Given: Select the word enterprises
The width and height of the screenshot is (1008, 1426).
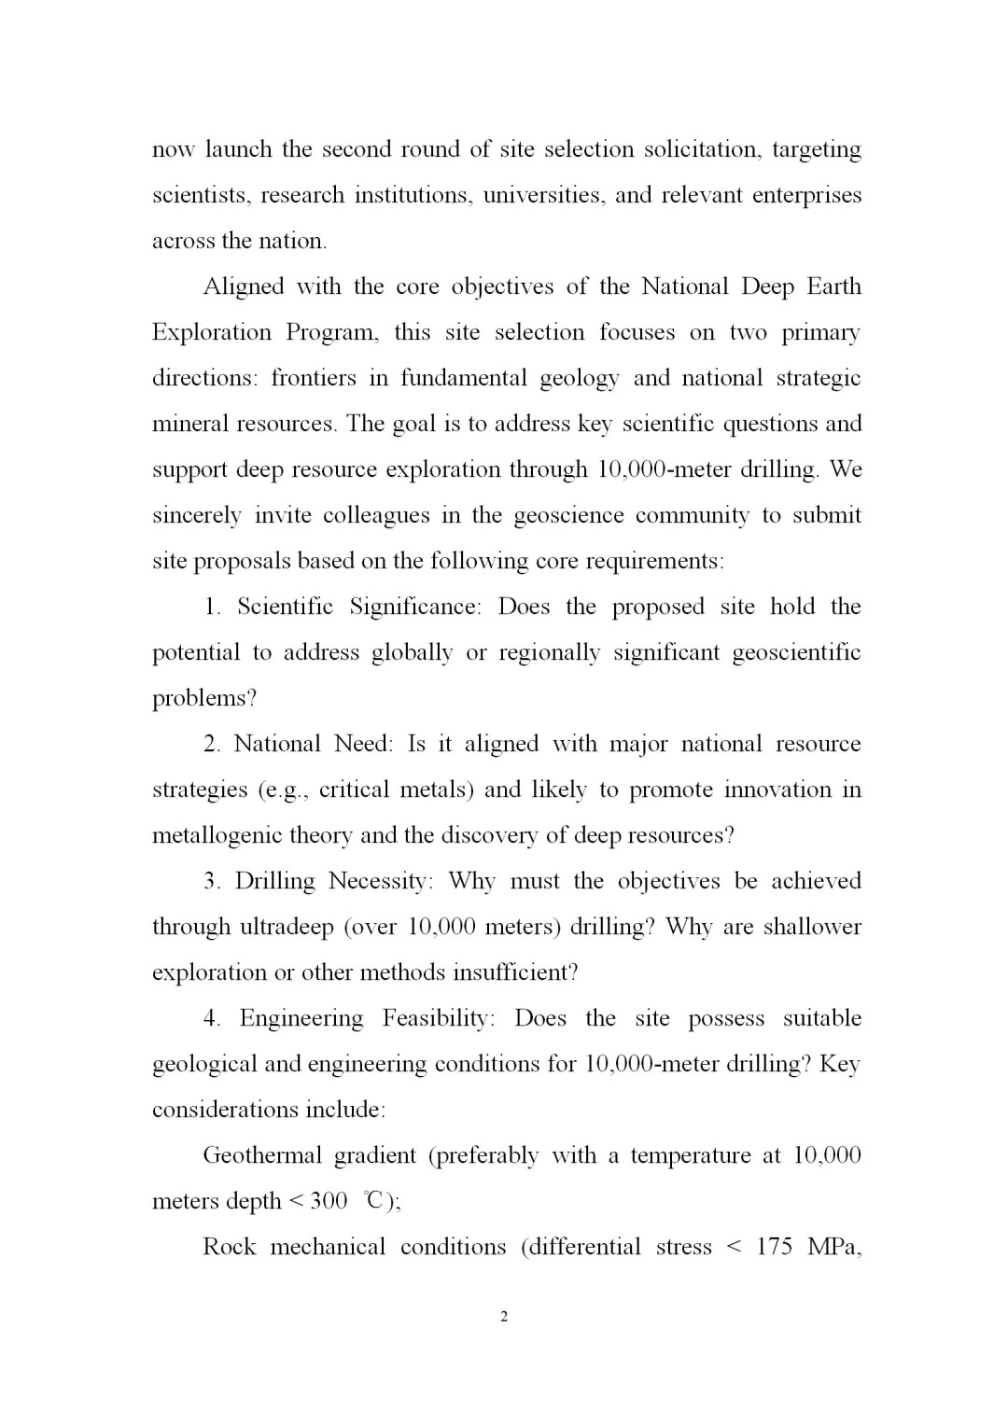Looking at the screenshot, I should coord(806,195).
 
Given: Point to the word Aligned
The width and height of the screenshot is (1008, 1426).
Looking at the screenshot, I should coord(244,287).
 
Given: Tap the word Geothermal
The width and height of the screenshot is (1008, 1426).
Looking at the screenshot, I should coord(262,1155).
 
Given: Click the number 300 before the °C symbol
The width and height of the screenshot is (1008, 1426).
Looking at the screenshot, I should coord(329,1201).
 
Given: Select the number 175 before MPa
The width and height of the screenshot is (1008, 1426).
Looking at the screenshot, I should coord(775,1247).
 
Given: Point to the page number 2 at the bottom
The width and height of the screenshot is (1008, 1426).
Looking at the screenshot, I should coord(504,1318).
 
